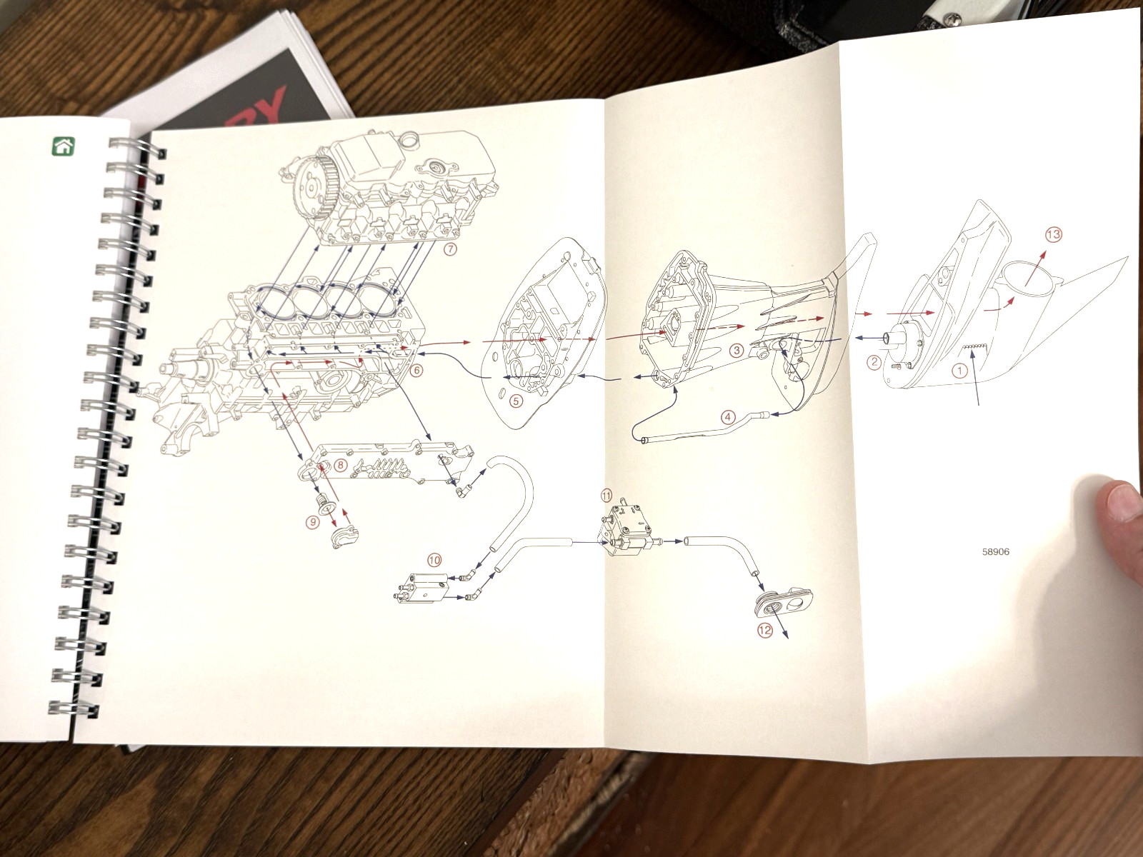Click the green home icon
64,146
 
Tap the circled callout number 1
959,371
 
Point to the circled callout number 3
737,350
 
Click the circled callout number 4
728,417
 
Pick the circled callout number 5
516,401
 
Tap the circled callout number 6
416,370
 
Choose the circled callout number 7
450,249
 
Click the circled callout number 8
340,465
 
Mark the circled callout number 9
312,522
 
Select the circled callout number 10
434,560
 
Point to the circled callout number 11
607,494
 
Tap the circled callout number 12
765,630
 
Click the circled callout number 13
1054,235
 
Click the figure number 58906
996,552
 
